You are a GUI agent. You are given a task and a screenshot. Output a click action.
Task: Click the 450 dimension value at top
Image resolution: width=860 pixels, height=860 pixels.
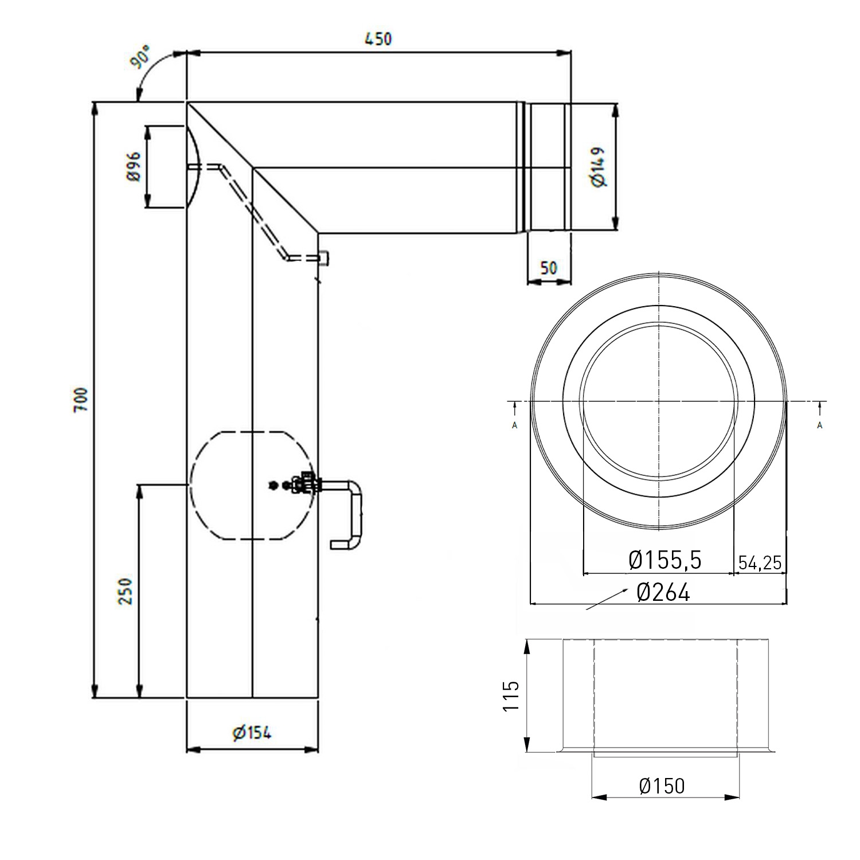[378, 39]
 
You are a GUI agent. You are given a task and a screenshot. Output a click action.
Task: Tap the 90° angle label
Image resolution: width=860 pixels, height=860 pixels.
[141, 59]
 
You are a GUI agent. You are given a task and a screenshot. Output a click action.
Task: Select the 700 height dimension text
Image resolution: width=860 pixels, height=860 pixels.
[81, 400]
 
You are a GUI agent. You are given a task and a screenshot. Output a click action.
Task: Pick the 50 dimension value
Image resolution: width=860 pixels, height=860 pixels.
[549, 268]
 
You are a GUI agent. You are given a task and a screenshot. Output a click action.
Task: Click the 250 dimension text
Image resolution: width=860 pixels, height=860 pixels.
[126, 591]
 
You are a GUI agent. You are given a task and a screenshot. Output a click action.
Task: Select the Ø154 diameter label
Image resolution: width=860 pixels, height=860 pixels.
[252, 732]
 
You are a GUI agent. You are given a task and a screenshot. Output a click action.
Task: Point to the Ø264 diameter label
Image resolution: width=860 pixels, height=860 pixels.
[663, 592]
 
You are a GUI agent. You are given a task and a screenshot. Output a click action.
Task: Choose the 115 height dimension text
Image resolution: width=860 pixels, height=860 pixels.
[511, 695]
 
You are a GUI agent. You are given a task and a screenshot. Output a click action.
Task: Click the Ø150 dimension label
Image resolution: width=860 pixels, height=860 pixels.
[662, 786]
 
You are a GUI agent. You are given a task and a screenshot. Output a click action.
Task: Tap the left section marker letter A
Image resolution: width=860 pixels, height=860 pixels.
[515, 425]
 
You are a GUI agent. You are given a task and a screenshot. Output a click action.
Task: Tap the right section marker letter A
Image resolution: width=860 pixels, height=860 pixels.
[820, 425]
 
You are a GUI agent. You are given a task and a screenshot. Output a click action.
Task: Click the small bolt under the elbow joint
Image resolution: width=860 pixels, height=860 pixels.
[325, 259]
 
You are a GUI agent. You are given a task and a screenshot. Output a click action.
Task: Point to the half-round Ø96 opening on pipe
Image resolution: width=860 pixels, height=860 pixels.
[193, 167]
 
